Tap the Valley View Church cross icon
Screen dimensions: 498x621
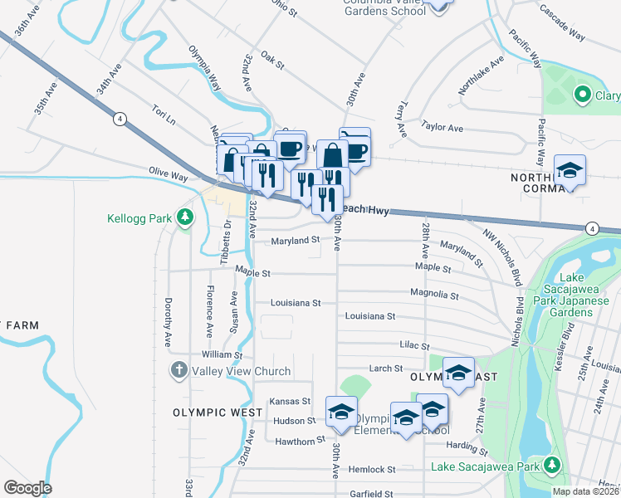(178, 371)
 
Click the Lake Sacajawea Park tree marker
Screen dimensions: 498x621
(552, 466)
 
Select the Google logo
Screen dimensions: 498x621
(27, 488)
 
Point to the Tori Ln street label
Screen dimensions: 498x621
(164, 115)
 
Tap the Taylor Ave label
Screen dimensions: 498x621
(442, 127)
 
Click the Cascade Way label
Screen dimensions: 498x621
(562, 22)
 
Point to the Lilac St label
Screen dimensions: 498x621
(413, 345)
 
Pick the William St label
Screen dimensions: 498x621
(221, 354)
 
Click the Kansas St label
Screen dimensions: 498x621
(290, 401)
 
